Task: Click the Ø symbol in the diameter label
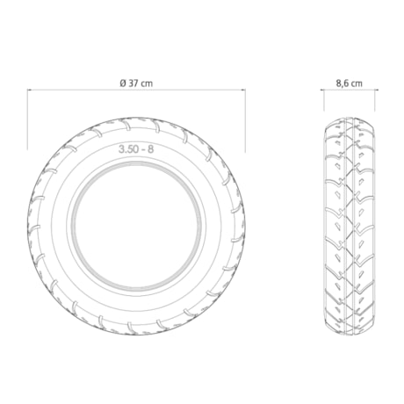click(123, 83)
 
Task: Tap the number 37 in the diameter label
click(133, 83)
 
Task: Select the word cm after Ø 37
click(147, 83)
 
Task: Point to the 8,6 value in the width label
click(343, 83)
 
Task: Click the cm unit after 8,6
click(357, 84)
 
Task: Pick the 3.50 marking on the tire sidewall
click(128, 149)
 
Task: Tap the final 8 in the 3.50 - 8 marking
click(150, 149)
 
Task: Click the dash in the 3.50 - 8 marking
click(142, 150)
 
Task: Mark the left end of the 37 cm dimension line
click(27, 90)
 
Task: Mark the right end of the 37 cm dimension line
click(245, 90)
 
